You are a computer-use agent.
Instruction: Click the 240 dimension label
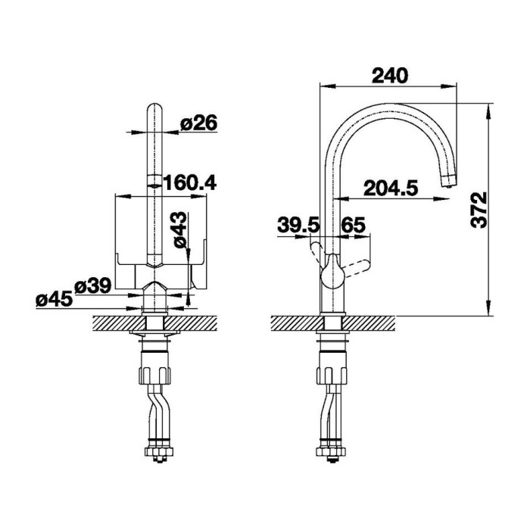pos(390,76)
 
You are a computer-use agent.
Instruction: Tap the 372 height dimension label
pos(479,210)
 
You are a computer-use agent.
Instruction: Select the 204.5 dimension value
pos(391,189)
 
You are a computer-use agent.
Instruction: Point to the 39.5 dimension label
pos(298,225)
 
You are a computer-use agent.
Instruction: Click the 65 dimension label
pos(354,225)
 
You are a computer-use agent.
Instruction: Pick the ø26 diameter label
pos(198,123)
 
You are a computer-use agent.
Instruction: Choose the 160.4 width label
pos(189,182)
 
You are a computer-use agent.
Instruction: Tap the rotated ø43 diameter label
pos(179,230)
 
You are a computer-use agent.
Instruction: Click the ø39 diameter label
pos(92,286)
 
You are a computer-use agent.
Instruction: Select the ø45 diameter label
pos(54,299)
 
